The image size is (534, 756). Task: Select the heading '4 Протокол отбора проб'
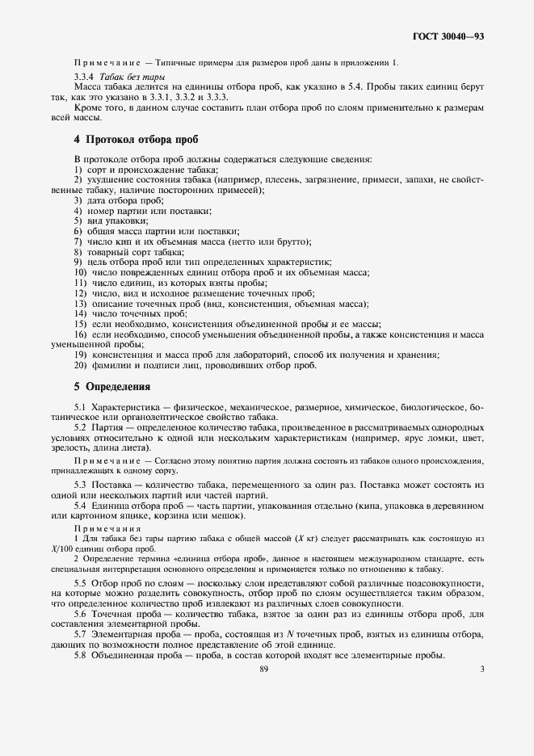click(137, 138)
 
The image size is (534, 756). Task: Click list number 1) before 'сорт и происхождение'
click(78, 170)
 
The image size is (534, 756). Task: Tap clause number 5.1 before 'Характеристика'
click(80, 405)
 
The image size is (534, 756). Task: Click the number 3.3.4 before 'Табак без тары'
click(86, 75)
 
